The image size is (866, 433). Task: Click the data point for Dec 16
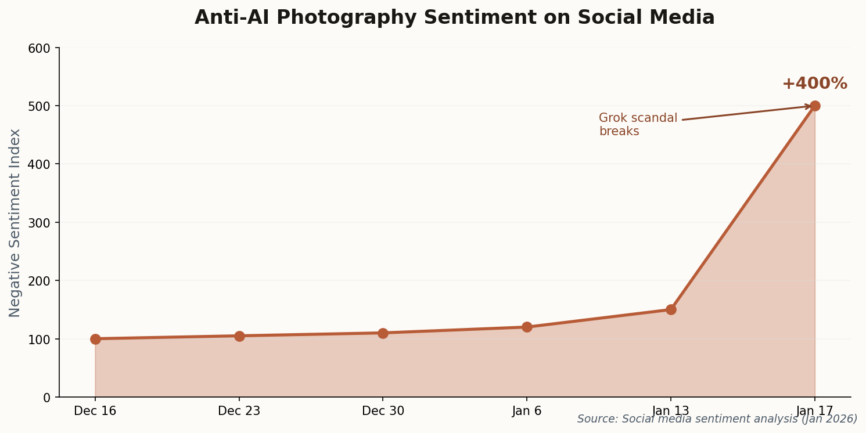(x=95, y=339)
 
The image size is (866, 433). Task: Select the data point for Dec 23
(x=239, y=336)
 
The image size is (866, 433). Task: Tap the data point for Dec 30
(x=383, y=333)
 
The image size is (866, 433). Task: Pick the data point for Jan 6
(x=527, y=327)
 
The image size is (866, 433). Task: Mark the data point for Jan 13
(x=671, y=309)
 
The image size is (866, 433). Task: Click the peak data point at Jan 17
(x=815, y=106)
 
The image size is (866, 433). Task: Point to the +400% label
(x=814, y=84)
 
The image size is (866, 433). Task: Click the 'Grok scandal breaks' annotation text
(x=638, y=125)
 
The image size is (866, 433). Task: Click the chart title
(x=454, y=18)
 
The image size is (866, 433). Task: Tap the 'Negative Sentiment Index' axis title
(x=15, y=223)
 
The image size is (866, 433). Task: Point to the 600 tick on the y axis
(x=39, y=48)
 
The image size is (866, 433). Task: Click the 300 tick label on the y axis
(x=39, y=223)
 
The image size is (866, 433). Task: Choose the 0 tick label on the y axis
(x=46, y=398)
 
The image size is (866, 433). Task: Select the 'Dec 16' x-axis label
(x=95, y=411)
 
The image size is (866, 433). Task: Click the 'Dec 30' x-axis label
(x=383, y=411)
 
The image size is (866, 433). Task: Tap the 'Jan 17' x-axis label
(x=815, y=411)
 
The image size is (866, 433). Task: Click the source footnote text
(x=717, y=419)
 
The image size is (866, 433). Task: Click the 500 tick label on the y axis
(x=39, y=106)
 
